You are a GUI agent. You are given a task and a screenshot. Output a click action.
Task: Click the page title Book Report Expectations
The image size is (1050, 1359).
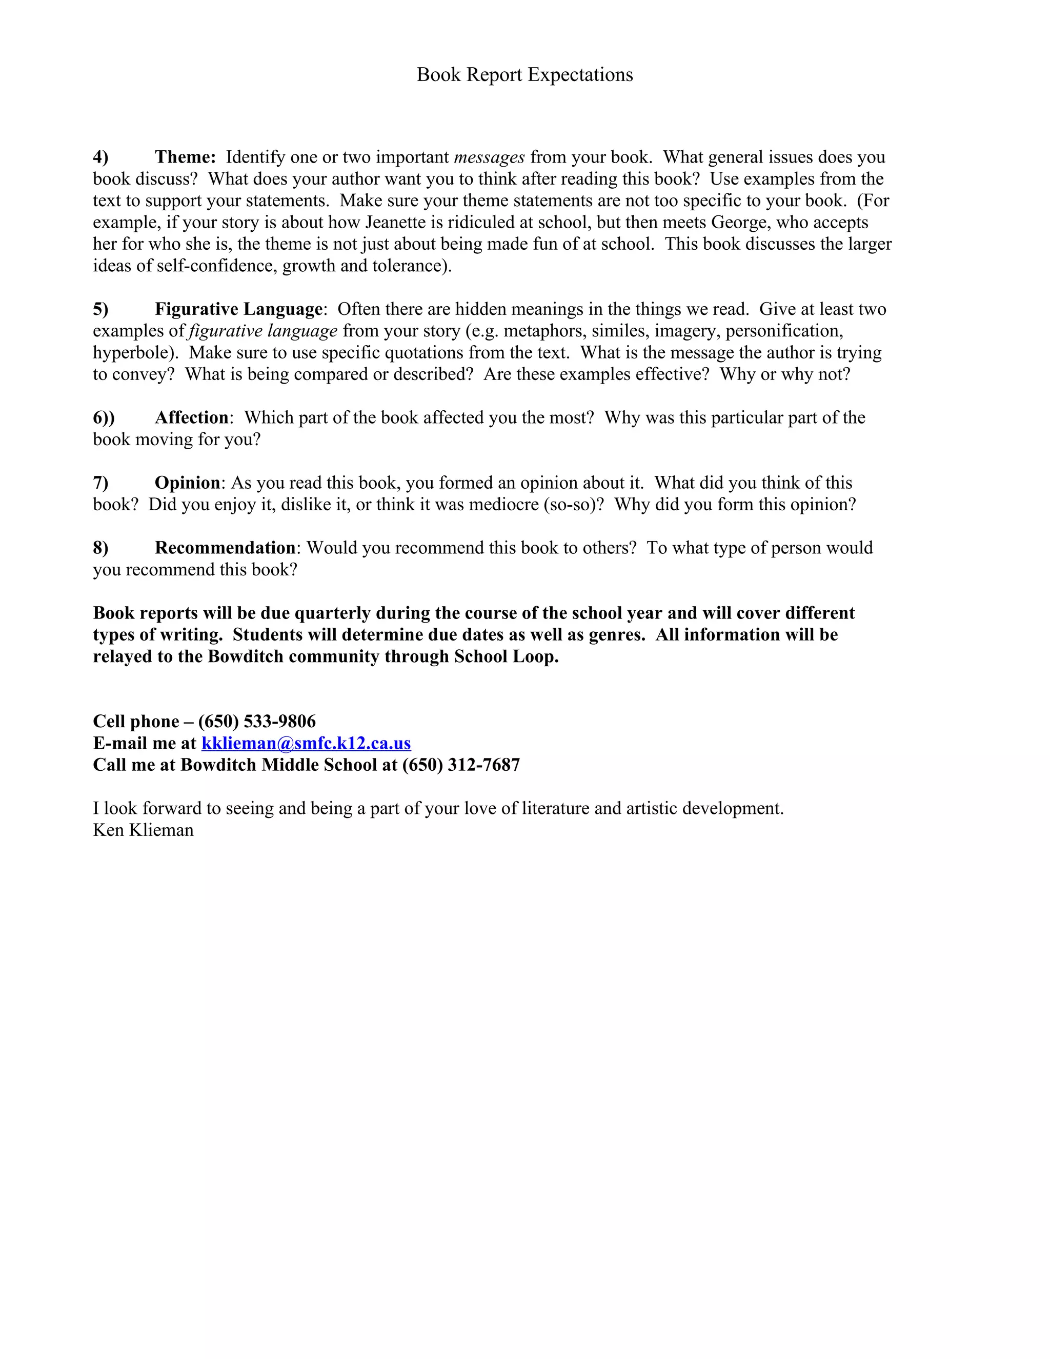pyautogui.click(x=524, y=75)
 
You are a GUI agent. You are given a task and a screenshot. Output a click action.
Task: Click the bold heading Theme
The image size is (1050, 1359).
pyautogui.click(x=185, y=157)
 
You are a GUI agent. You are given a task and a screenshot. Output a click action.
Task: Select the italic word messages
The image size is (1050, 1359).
pyautogui.click(x=489, y=157)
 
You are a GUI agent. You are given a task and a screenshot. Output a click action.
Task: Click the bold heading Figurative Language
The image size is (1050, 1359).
pyautogui.click(x=238, y=309)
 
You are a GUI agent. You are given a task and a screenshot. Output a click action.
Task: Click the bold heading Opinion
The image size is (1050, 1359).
pyautogui.click(x=187, y=483)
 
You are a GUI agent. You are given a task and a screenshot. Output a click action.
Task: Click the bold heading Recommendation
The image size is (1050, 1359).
pyautogui.click(x=225, y=548)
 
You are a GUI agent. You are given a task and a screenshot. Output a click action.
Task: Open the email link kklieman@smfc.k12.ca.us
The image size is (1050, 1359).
pyautogui.click(x=306, y=743)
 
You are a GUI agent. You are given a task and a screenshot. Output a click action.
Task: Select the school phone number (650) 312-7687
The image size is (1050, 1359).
pyautogui.click(x=461, y=765)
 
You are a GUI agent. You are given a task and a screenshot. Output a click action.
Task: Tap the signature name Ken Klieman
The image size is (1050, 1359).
pyautogui.click(x=143, y=830)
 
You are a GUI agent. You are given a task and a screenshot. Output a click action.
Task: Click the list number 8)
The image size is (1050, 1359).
pyautogui.click(x=101, y=548)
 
